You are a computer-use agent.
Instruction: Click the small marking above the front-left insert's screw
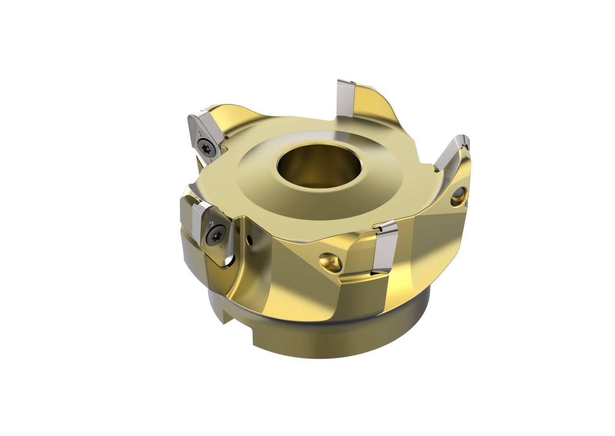tap(211, 222)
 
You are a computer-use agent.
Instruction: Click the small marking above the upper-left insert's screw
tap(200, 133)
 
